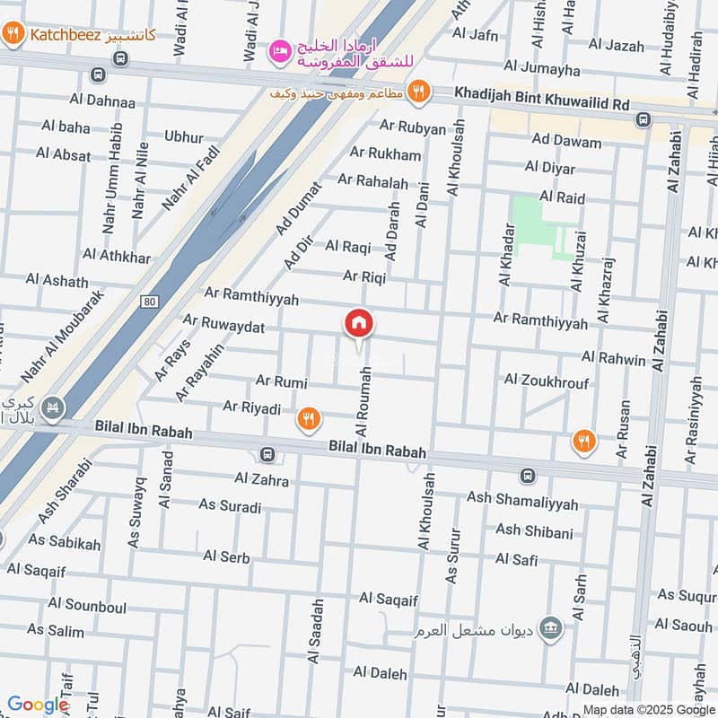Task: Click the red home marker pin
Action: [359, 323]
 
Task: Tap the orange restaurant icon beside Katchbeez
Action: [13, 35]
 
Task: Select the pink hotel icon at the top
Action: [279, 46]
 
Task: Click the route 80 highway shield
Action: [149, 300]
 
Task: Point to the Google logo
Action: [38, 705]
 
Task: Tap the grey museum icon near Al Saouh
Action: [551, 626]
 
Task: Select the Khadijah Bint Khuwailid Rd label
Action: [542, 103]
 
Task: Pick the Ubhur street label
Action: [184, 136]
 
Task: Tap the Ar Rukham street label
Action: [385, 153]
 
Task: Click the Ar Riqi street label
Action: [364, 277]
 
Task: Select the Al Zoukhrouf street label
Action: [547, 381]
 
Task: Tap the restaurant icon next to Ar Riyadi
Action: [309, 417]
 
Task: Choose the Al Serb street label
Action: [226, 556]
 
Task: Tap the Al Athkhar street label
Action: [117, 256]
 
